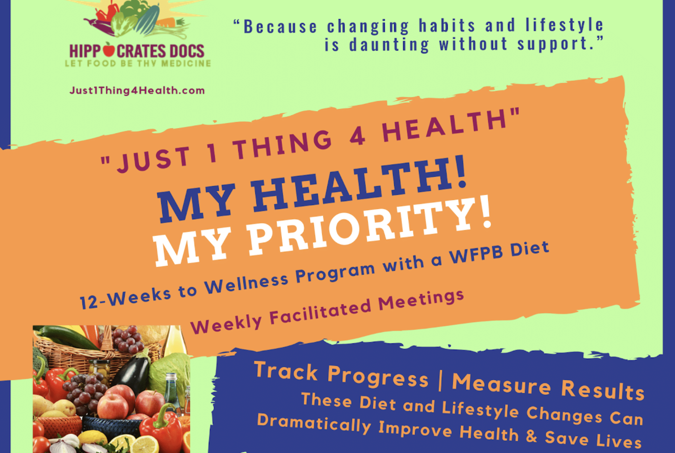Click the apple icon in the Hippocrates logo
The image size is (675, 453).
tap(109, 50)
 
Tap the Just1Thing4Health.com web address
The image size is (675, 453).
tap(137, 90)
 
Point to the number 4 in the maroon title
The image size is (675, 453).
tap(357, 137)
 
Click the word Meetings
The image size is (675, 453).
tap(421, 299)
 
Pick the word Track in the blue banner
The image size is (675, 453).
tap(286, 371)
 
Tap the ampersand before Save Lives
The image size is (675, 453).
tap(531, 435)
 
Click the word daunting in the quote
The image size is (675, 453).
tap(389, 45)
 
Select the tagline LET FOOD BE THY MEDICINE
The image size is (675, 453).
tap(138, 63)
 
